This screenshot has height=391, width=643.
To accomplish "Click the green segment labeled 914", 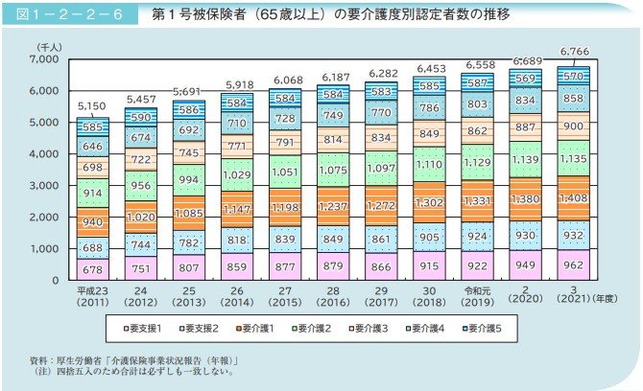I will coord(93,194).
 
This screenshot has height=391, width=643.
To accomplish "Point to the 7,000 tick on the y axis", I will coord(46,59).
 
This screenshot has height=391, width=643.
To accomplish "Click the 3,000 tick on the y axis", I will coord(46,186).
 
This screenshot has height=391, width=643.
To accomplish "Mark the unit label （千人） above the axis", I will coord(50,46).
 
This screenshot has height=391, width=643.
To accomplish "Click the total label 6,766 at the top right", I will coord(573,52).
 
